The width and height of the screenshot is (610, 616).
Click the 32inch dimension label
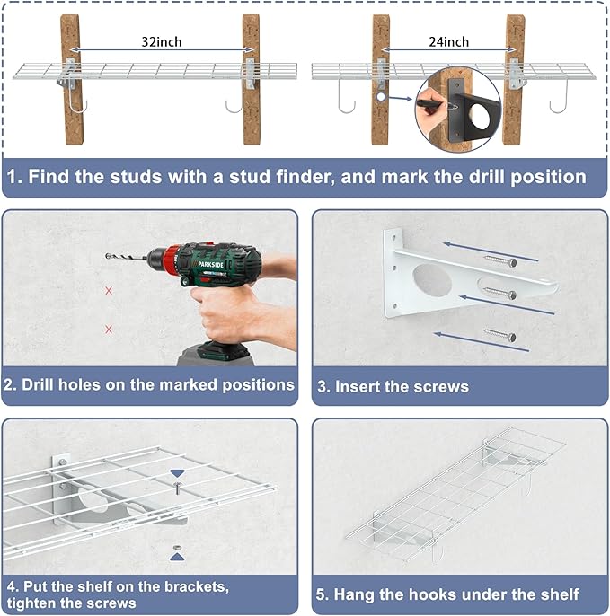coord(162,42)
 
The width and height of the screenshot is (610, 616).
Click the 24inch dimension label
coord(449,42)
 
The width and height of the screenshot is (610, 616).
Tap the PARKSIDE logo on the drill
coord(210,264)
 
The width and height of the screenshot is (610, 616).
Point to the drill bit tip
coord(106,256)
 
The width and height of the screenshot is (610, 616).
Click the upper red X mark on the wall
coord(109,291)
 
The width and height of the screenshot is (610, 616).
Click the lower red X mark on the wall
coord(109,330)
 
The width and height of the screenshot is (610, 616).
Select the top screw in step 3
coord(499,260)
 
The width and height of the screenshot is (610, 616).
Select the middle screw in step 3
coord(499,293)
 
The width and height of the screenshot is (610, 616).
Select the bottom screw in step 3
coord(499,335)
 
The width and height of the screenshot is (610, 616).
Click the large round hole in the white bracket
coord(432,280)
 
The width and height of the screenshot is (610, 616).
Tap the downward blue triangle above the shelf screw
coord(177,473)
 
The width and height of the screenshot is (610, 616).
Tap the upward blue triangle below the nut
coord(177,557)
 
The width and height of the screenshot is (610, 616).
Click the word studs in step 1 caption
coord(136,177)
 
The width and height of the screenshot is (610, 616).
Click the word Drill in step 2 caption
coord(38,384)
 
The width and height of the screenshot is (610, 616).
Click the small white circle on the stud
coord(381,96)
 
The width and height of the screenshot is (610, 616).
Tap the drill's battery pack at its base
coord(215,355)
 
